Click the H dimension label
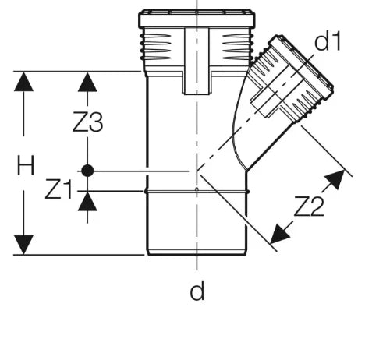click(26, 165)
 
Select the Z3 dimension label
click(88, 122)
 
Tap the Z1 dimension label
click(58, 189)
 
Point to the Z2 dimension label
click(309, 206)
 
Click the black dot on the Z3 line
click(87, 171)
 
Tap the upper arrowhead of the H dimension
click(23, 82)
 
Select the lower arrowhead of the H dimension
click(23, 245)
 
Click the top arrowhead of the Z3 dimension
click(87, 82)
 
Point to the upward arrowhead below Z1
click(87, 201)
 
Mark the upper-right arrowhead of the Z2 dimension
click(336, 178)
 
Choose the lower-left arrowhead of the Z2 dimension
click(279, 235)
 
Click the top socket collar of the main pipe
click(197, 19)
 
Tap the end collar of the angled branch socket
click(301, 67)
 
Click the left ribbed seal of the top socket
click(156, 47)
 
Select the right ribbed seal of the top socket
click(237, 47)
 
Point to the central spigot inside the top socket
click(197, 61)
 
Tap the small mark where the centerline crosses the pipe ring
click(197, 189)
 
